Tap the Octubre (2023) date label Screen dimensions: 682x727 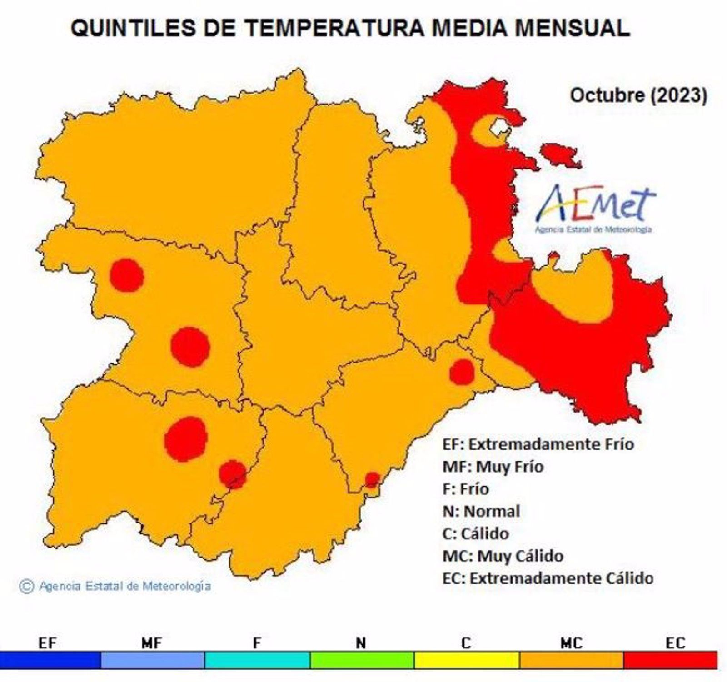tap(638, 95)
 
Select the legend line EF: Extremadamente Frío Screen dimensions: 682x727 tap(538, 444)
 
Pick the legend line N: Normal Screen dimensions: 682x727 tap(481, 511)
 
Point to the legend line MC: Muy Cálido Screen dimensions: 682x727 tap(503, 556)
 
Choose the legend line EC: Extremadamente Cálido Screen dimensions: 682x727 tap(548, 578)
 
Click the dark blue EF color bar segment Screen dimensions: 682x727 tap(50, 659)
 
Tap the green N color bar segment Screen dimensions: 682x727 tap(362, 659)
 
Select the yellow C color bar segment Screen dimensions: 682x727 tap(467, 659)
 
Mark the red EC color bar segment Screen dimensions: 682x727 tap(670, 659)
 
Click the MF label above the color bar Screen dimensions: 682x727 tap(152, 643)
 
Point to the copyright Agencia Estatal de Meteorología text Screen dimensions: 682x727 tap(115, 586)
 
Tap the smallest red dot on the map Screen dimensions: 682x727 tap(372, 479)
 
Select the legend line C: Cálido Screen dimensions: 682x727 tap(475, 533)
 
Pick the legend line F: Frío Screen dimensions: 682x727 tap(465, 489)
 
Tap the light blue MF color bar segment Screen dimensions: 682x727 tap(153, 659)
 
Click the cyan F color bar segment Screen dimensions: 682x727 tap(257, 659)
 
